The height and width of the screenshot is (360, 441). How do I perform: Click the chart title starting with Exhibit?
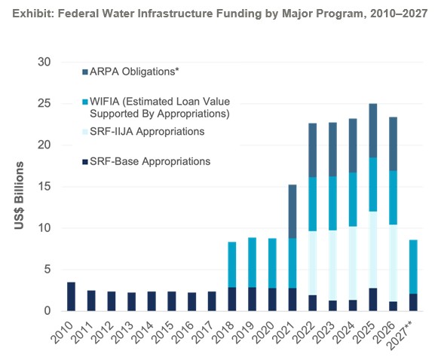(x=220, y=14)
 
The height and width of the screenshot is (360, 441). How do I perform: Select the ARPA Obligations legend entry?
(x=130, y=72)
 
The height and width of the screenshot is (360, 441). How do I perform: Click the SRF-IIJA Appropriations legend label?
(x=147, y=132)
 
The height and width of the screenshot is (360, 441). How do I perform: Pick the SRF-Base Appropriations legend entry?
(x=146, y=162)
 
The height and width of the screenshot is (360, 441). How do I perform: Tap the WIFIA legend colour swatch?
(x=85, y=102)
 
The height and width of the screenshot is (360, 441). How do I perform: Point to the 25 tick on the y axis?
(x=44, y=103)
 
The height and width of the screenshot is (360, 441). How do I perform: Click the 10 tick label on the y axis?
(x=44, y=228)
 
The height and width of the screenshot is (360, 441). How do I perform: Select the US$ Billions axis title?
(x=19, y=195)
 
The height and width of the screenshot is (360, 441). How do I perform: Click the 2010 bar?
(x=71, y=297)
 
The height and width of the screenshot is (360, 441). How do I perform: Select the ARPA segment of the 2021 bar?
(x=292, y=212)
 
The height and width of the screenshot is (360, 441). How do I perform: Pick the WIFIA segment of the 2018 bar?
(x=232, y=265)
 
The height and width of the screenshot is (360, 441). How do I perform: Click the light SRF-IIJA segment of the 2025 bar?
(x=373, y=250)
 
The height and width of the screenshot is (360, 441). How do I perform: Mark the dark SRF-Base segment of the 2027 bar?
(x=413, y=303)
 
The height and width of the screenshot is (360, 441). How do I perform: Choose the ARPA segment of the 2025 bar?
(x=373, y=131)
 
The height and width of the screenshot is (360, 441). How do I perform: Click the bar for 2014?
(x=152, y=301)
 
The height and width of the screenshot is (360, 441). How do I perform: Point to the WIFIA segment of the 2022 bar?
(x=312, y=204)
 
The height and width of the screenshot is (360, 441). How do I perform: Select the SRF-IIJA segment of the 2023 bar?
(x=332, y=266)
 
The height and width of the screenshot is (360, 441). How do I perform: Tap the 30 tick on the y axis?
(x=44, y=62)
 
